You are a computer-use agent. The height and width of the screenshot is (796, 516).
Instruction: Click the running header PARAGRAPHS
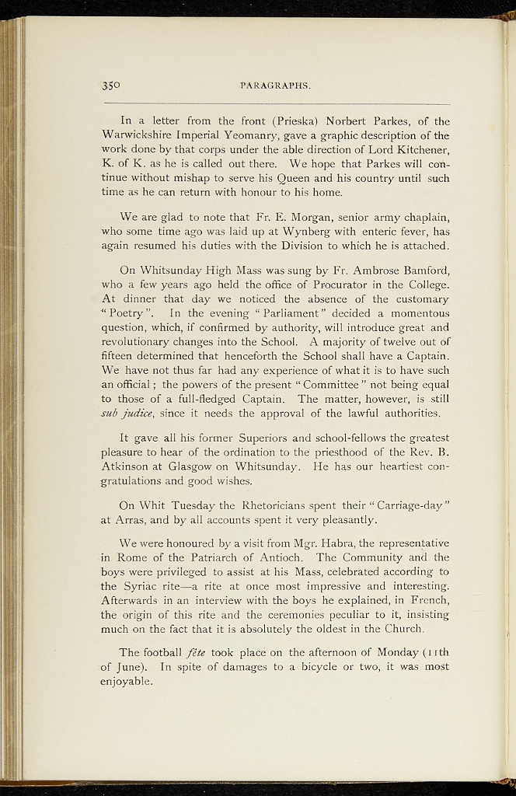(276, 85)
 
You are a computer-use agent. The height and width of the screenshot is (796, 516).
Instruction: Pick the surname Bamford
(424, 271)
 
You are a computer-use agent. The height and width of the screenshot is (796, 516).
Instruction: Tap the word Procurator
(303, 285)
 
